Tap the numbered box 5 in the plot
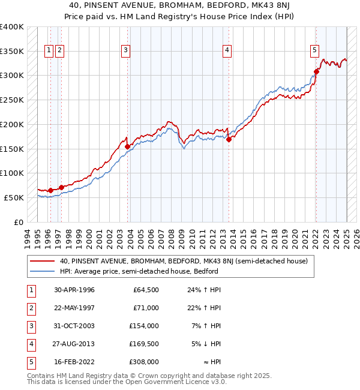(315, 51)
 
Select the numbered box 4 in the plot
(228, 51)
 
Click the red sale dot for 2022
(316, 72)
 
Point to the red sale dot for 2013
(229, 140)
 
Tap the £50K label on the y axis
(14, 197)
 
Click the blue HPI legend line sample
(43, 271)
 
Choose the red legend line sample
(43, 261)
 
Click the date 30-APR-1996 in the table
(74, 290)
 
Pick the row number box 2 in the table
(31, 308)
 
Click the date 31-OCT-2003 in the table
(74, 326)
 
